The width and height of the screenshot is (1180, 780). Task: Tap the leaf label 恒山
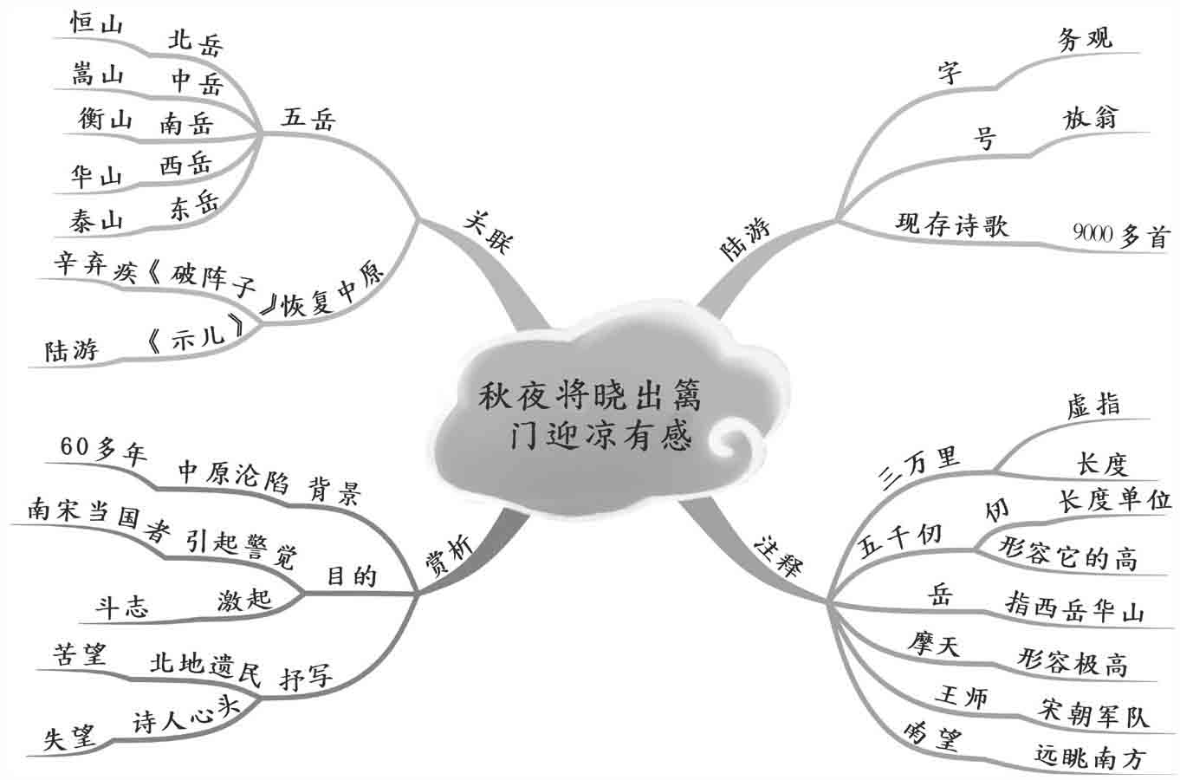[x=95, y=27]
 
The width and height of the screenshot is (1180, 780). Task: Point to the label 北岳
[x=195, y=41]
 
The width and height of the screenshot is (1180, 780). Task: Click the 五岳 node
[x=307, y=117]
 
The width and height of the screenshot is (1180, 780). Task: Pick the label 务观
[x=1085, y=38]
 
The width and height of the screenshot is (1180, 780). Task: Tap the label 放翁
[x=1091, y=117]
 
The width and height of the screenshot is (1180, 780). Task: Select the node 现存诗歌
[x=952, y=224]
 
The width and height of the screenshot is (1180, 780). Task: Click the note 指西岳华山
[x=1074, y=608]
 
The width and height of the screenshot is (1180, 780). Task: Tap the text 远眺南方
[x=1090, y=757]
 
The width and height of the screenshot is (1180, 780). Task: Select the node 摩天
[x=934, y=644]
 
